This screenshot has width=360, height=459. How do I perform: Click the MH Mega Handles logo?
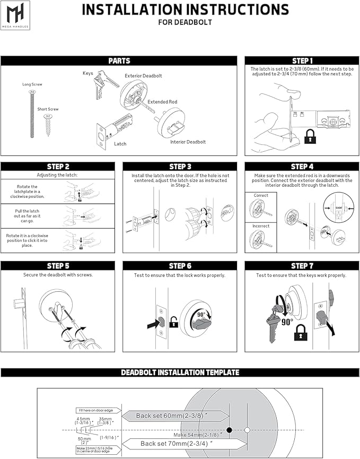point(15,14)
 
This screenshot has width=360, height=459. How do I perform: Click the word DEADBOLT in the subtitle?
point(196,22)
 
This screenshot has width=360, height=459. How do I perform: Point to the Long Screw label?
point(32,84)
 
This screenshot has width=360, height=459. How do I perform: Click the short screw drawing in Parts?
point(48,126)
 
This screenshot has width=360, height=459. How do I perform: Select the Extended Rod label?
point(162,102)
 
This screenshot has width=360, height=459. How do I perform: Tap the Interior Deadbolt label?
point(188,142)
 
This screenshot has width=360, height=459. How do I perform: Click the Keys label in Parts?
point(89,73)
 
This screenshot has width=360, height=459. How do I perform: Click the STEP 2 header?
point(58,167)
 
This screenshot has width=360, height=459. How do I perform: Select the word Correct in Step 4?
point(261,195)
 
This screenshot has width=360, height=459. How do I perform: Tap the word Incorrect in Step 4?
point(261,226)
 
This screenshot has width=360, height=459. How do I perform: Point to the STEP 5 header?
point(58,266)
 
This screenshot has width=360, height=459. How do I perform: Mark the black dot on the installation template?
point(230,429)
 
